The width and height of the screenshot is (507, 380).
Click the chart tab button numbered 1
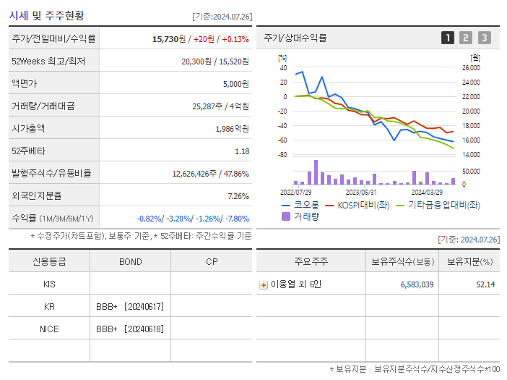tap(448, 38)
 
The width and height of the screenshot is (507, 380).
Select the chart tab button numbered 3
tap(484, 38)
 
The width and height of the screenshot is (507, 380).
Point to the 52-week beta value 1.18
tap(242, 151)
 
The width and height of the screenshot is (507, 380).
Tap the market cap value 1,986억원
tap(232, 129)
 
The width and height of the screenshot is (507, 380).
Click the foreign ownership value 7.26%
tap(238, 196)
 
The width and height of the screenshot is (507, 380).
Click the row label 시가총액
tap(27, 129)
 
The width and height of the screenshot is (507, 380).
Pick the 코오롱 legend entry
tap(302, 206)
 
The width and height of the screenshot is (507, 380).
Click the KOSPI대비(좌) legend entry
tap(361, 206)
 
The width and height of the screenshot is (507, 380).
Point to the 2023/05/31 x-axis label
tap(361, 193)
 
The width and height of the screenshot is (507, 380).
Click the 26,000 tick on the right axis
tap(470, 68)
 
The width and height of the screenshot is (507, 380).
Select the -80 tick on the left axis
tap(282, 155)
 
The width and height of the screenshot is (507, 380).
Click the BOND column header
tap(130, 262)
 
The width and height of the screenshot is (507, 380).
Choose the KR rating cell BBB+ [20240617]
tap(130, 307)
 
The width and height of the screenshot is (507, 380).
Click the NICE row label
tap(49, 329)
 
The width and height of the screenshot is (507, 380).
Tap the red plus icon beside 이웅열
tap(263, 284)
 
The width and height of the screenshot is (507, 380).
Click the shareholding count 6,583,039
tap(417, 284)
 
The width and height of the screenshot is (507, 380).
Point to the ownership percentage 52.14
tap(485, 284)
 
